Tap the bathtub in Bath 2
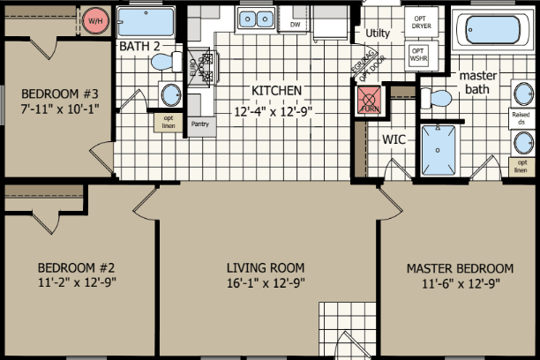point(146,21)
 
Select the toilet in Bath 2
point(161,62)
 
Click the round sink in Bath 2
point(168,94)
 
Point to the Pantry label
point(200,124)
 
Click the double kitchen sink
point(256,18)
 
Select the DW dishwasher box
point(296,24)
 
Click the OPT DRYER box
point(419,22)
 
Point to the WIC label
point(394,139)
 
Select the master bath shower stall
point(438,150)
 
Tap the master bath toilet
point(439,95)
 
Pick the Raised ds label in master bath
point(521,118)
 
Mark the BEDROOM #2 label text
point(77,267)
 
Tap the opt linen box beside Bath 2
point(168,123)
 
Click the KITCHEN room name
point(277,91)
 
